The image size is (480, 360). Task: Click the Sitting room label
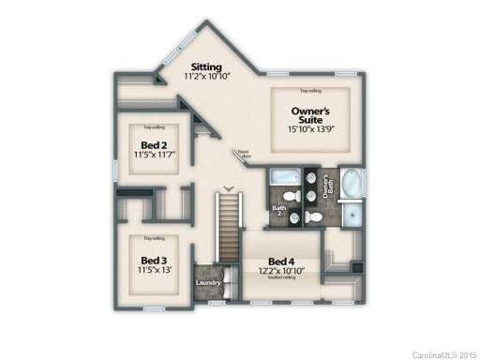tap(205, 67)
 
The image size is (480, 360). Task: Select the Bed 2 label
tap(154, 145)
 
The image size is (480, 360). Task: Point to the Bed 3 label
tap(154, 260)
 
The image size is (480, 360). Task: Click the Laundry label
tap(207, 282)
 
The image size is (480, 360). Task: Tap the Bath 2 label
tap(278, 208)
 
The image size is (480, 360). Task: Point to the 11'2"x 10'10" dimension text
tap(206, 80)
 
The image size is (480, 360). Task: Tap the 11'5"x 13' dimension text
tap(154, 271)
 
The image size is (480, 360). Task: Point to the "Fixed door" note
tap(245, 153)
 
